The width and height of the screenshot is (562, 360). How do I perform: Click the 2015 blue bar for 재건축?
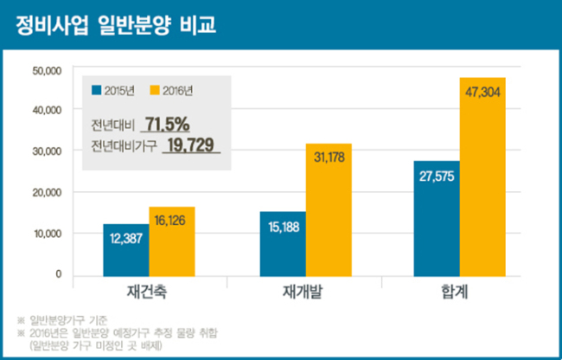126,250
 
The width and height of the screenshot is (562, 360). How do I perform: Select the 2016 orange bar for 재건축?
172,241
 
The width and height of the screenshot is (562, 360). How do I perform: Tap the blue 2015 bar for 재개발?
283,244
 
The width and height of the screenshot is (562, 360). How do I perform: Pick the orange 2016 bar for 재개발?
329,210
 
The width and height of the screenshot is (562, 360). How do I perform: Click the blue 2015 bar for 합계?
437,219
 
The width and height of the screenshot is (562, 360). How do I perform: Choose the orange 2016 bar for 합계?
482,177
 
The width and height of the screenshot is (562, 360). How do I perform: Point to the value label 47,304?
482,93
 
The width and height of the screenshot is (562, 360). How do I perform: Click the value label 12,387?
126,239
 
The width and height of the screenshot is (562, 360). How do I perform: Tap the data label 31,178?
329,157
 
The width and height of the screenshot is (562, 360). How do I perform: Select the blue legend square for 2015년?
97,90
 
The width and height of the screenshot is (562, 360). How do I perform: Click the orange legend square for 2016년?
155,90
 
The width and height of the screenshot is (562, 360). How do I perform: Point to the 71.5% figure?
167,125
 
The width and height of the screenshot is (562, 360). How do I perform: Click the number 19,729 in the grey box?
191,145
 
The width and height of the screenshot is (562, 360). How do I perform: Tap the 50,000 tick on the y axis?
47,71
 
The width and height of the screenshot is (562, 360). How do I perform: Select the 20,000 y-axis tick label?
47,193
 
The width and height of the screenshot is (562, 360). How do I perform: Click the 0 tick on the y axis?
59,274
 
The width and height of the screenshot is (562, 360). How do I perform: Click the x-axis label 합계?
455,292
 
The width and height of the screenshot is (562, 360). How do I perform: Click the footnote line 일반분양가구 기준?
68,320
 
